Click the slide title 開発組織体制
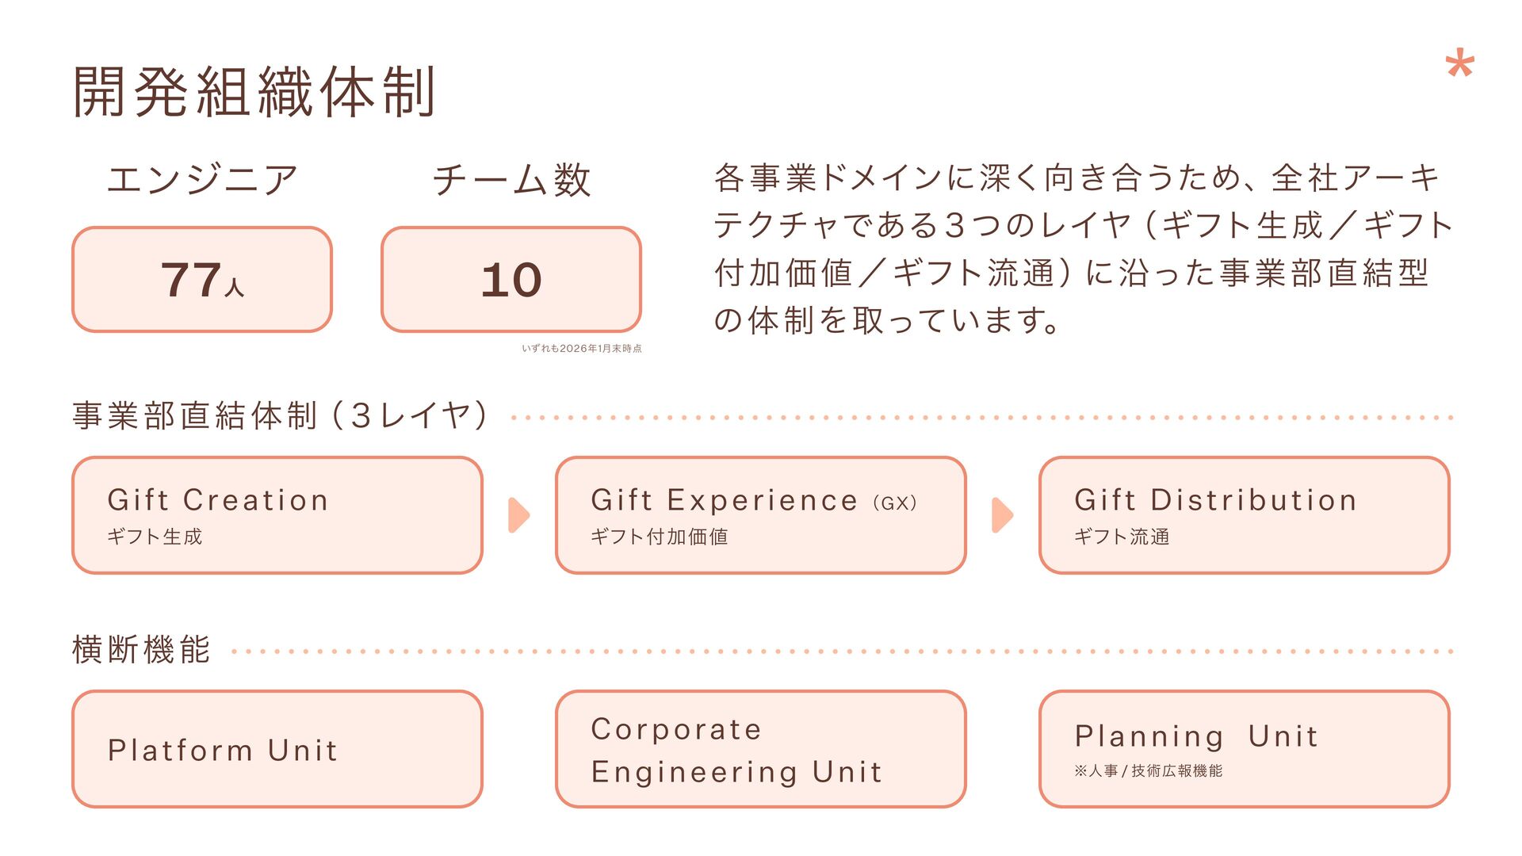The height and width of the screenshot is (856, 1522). tap(254, 92)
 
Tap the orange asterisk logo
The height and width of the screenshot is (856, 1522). tap(1459, 64)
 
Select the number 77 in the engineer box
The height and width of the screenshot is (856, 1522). tap(191, 280)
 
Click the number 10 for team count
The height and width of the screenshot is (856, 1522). tap(511, 280)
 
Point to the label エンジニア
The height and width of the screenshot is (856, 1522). tap(202, 179)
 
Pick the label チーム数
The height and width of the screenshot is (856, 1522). tap(511, 179)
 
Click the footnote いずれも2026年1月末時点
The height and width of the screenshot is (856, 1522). tap(581, 349)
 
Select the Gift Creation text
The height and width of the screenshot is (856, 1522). tap(218, 500)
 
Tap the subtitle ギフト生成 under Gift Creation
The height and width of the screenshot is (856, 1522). tap(155, 537)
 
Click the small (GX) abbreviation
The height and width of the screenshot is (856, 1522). tap(895, 503)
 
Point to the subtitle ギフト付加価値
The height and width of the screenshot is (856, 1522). tap(659, 537)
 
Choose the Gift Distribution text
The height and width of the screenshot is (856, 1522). tap(1215, 500)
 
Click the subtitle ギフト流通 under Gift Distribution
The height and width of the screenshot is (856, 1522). tap(1122, 537)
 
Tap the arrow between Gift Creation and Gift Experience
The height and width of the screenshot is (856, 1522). tap(518, 515)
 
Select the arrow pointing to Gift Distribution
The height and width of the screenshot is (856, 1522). tap(1002, 515)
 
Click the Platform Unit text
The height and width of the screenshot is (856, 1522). tap(223, 750)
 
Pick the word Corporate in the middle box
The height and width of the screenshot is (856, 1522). tap(676, 729)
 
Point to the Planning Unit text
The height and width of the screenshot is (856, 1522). tap(1196, 736)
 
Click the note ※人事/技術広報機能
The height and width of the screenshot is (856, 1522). tap(1148, 770)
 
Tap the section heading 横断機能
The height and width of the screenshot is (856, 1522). tap(141, 650)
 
